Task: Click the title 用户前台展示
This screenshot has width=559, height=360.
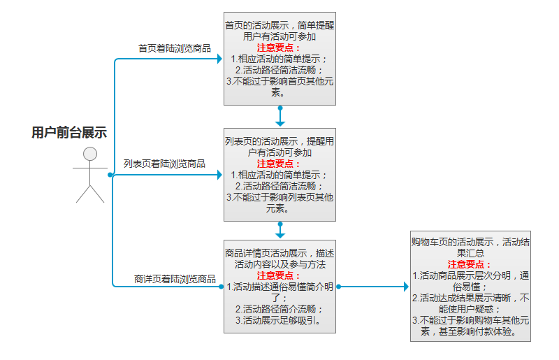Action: [69, 132]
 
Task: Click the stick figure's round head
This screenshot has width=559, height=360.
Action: [90, 154]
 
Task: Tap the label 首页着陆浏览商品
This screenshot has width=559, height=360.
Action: [175, 48]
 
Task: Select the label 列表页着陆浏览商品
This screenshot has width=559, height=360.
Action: [164, 164]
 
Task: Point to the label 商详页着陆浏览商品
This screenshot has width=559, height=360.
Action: [175, 279]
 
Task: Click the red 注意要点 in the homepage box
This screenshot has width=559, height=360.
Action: [278, 48]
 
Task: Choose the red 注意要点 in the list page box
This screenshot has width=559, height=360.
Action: [278, 164]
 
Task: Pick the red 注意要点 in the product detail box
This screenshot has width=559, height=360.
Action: [278, 275]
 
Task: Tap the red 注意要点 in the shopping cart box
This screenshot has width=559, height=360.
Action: [469, 264]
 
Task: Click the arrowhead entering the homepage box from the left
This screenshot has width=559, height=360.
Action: [219, 59]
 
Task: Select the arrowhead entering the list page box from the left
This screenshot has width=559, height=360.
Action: [219, 175]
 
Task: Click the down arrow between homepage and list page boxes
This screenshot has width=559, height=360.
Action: [280, 116]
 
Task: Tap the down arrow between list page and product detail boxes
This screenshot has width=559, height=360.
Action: [280, 231]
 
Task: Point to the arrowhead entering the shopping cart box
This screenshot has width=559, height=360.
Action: [406, 287]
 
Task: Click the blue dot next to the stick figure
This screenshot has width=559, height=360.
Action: [110, 175]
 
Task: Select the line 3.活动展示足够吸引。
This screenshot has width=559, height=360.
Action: [278, 320]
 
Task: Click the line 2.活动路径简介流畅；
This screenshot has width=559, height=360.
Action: [279, 309]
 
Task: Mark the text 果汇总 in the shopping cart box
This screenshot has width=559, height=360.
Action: [470, 253]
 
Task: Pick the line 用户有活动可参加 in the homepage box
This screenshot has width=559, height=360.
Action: [279, 36]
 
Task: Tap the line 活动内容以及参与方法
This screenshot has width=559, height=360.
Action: [280, 264]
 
